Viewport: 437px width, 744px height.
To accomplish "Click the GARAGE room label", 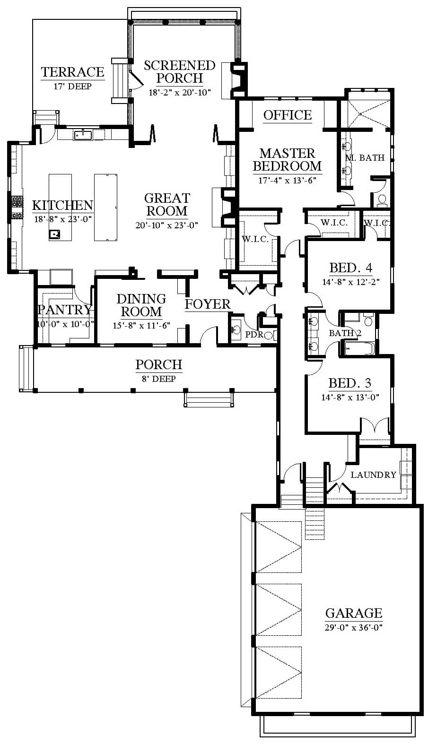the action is [354, 613].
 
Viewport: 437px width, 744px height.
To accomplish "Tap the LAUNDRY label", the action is [373, 475].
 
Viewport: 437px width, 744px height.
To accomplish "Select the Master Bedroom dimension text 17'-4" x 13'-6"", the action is [287, 181].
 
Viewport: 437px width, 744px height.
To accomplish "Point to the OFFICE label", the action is [288, 115].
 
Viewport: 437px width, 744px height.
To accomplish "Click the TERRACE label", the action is [72, 72].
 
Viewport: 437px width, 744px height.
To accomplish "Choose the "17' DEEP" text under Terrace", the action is [72, 87].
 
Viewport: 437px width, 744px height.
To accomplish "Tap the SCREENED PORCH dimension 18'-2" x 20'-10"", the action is [179, 92].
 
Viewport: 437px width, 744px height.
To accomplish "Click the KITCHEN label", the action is [62, 205].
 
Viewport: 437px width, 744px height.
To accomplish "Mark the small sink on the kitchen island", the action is [54, 234].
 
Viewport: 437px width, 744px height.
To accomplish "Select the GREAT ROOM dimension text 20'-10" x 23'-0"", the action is [166, 225].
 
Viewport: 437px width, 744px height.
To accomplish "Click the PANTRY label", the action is [65, 310].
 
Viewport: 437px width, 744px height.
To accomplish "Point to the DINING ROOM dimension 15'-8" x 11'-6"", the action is [141, 325].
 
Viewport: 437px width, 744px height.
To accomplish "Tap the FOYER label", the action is [207, 304].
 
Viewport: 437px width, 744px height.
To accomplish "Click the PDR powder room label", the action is [254, 335].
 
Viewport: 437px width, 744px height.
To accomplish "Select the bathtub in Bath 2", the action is [359, 348].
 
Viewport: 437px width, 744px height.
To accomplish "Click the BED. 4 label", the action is [350, 268].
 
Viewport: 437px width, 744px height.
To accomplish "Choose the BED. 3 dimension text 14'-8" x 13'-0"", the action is [350, 397].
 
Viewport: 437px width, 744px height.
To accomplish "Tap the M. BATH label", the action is [365, 157].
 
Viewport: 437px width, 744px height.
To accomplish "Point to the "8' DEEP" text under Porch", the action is [158, 379].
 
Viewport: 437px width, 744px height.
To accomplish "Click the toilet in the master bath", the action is [382, 200].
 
